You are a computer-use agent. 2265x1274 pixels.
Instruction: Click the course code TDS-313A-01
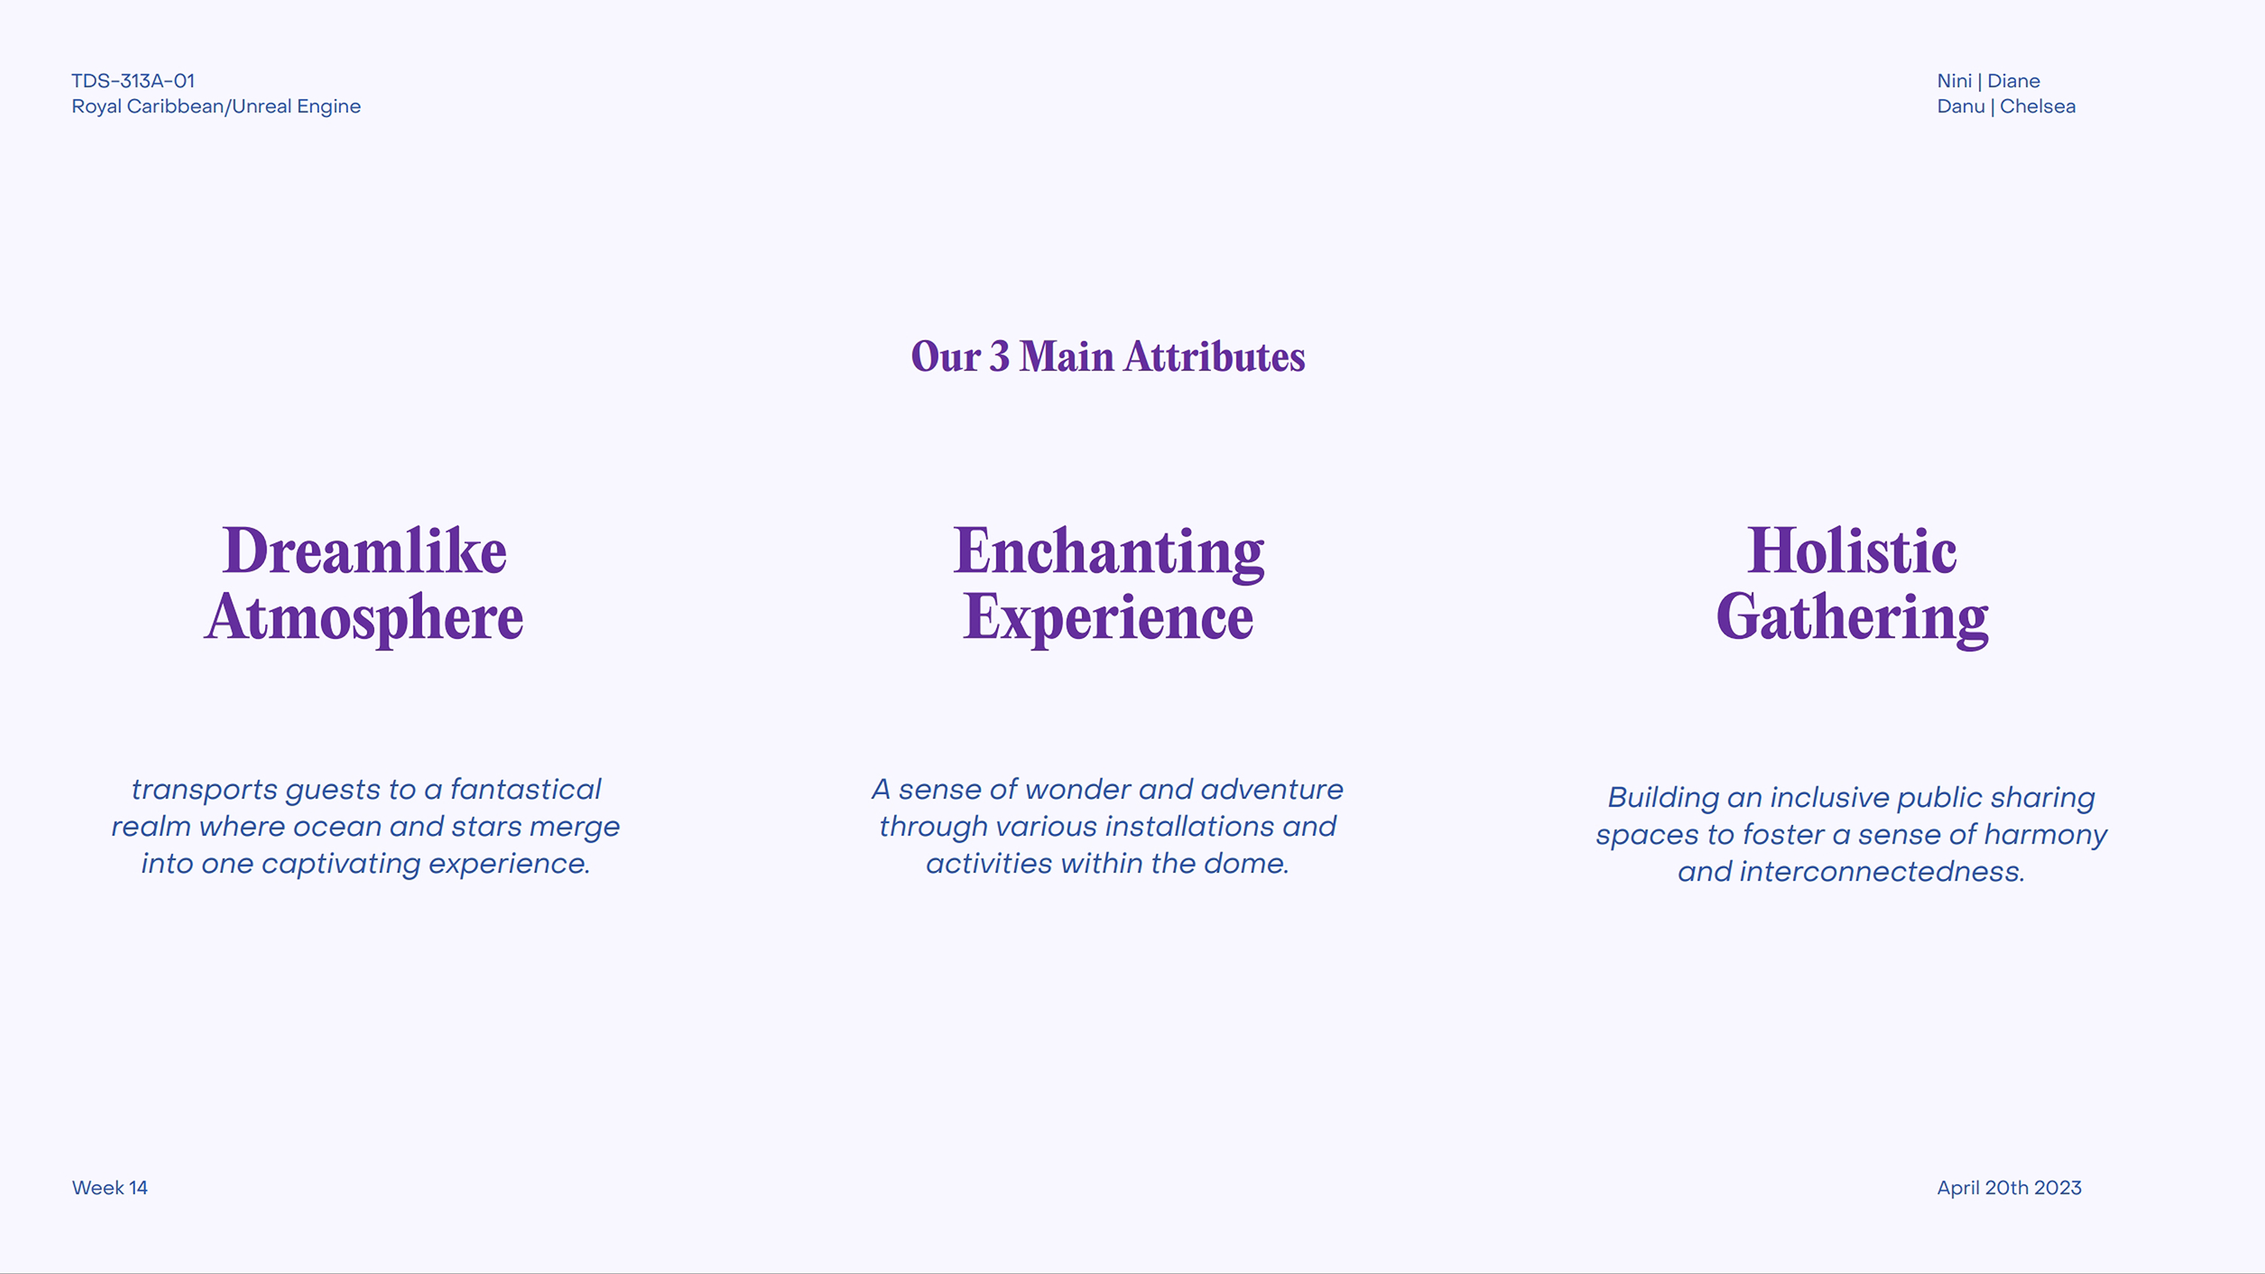pyautogui.click(x=133, y=81)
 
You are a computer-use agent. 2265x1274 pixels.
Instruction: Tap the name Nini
pyautogui.click(x=1954, y=81)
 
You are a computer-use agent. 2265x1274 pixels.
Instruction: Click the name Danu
pyautogui.click(x=1961, y=106)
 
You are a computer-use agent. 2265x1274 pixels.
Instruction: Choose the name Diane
pyautogui.click(x=2014, y=81)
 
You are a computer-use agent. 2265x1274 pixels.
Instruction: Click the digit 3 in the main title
pyautogui.click(x=1000, y=357)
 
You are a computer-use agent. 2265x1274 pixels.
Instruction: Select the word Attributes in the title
pyautogui.click(x=1214, y=357)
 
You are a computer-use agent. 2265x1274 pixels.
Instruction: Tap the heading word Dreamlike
pyautogui.click(x=365, y=551)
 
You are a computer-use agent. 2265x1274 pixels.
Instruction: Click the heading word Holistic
pyautogui.click(x=1852, y=551)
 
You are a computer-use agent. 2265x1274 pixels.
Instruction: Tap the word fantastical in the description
pyautogui.click(x=525, y=788)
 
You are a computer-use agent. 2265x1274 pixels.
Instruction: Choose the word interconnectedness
pyautogui.click(x=1881, y=871)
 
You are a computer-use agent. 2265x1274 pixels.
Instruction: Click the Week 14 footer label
pyautogui.click(x=110, y=1188)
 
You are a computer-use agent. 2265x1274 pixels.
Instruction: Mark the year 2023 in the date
pyautogui.click(x=2057, y=1188)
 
